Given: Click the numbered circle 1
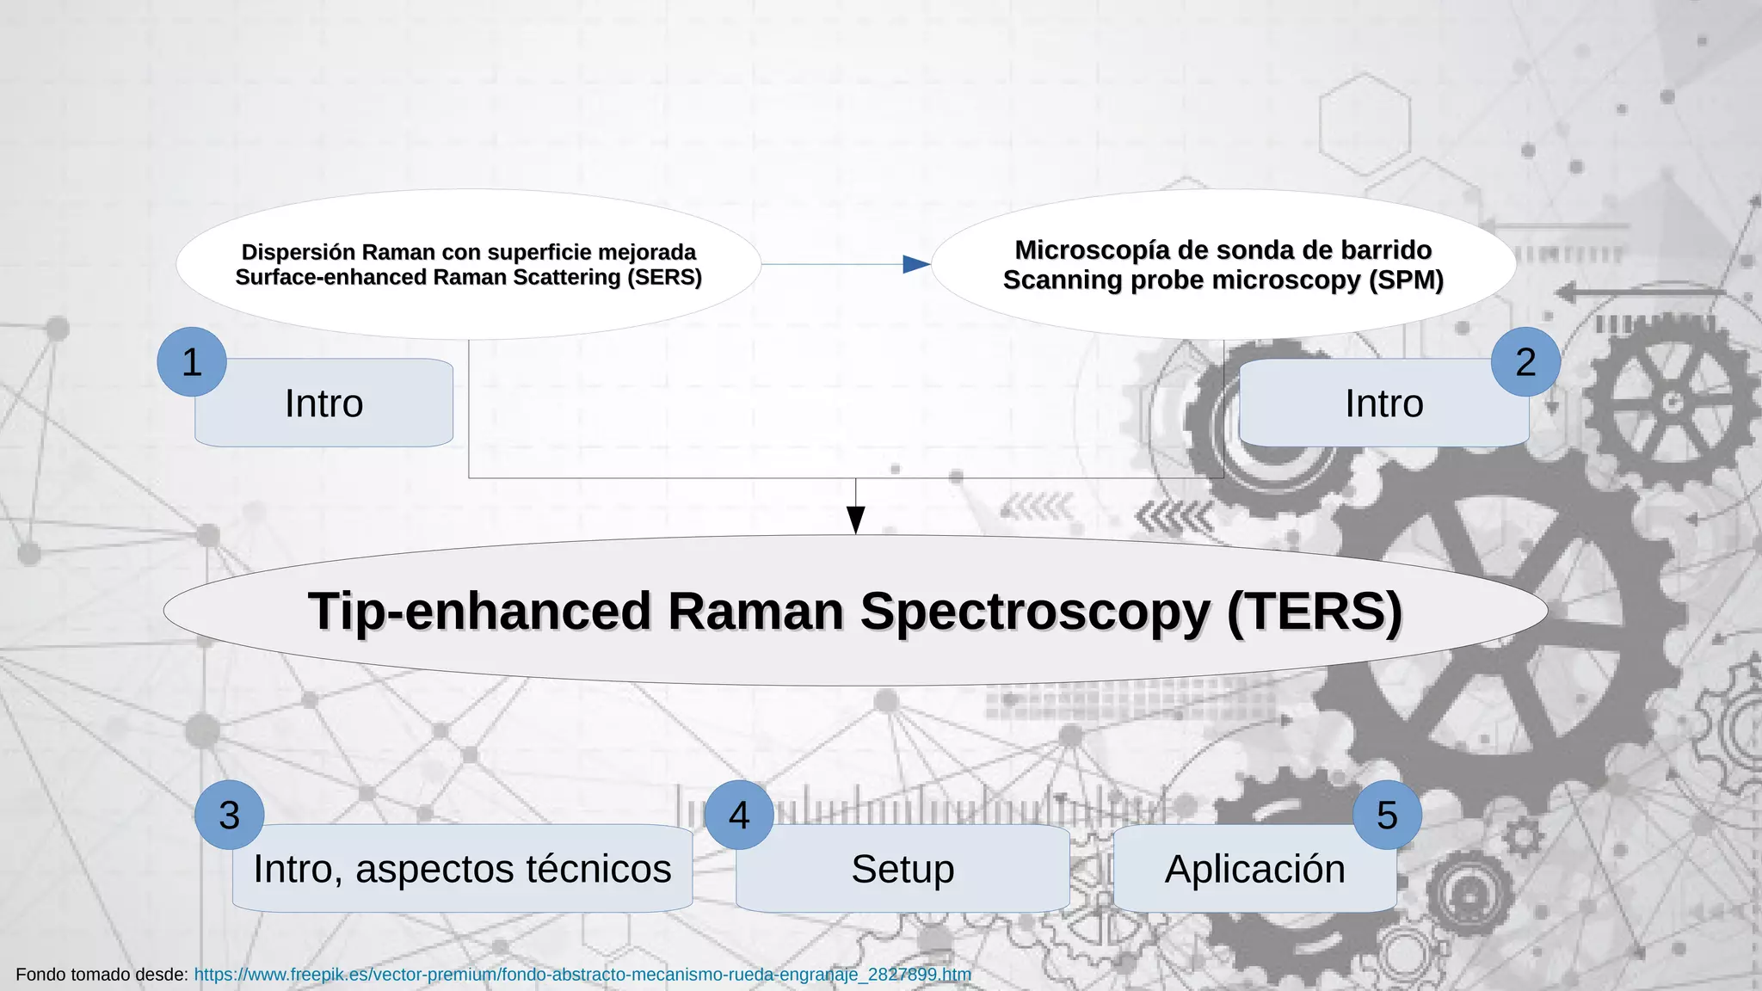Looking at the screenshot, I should coord(192,362).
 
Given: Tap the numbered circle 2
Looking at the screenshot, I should coord(1525,362).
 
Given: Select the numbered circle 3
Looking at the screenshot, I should coord(229,816).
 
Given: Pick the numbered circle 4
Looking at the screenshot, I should coord(739,816).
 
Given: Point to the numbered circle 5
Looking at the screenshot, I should coord(1387,816).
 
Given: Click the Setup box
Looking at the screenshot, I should coord(903,869).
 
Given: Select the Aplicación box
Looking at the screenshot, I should coord(1254,869).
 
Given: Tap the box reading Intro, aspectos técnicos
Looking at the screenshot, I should coord(462,869).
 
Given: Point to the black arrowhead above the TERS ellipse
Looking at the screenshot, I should coord(855,519).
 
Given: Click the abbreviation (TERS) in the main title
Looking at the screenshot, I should coord(1315,612).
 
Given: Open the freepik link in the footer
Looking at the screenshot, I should coord(582,975).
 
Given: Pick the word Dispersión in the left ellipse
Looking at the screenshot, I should coord(298,252).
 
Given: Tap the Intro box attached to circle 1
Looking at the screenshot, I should coord(324,403).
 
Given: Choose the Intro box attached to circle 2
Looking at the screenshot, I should coord(1383,403).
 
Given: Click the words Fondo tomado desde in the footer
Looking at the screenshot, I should coord(102,975).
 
